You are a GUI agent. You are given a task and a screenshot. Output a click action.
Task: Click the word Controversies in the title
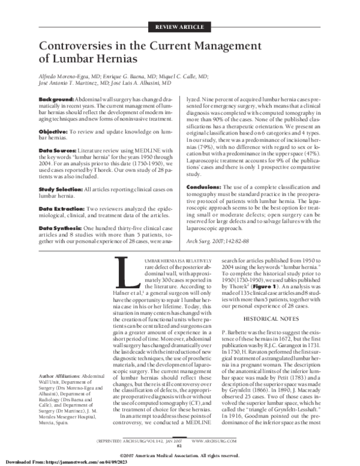pos(83,47)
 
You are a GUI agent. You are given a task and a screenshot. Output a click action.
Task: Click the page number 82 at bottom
pos(179,445)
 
